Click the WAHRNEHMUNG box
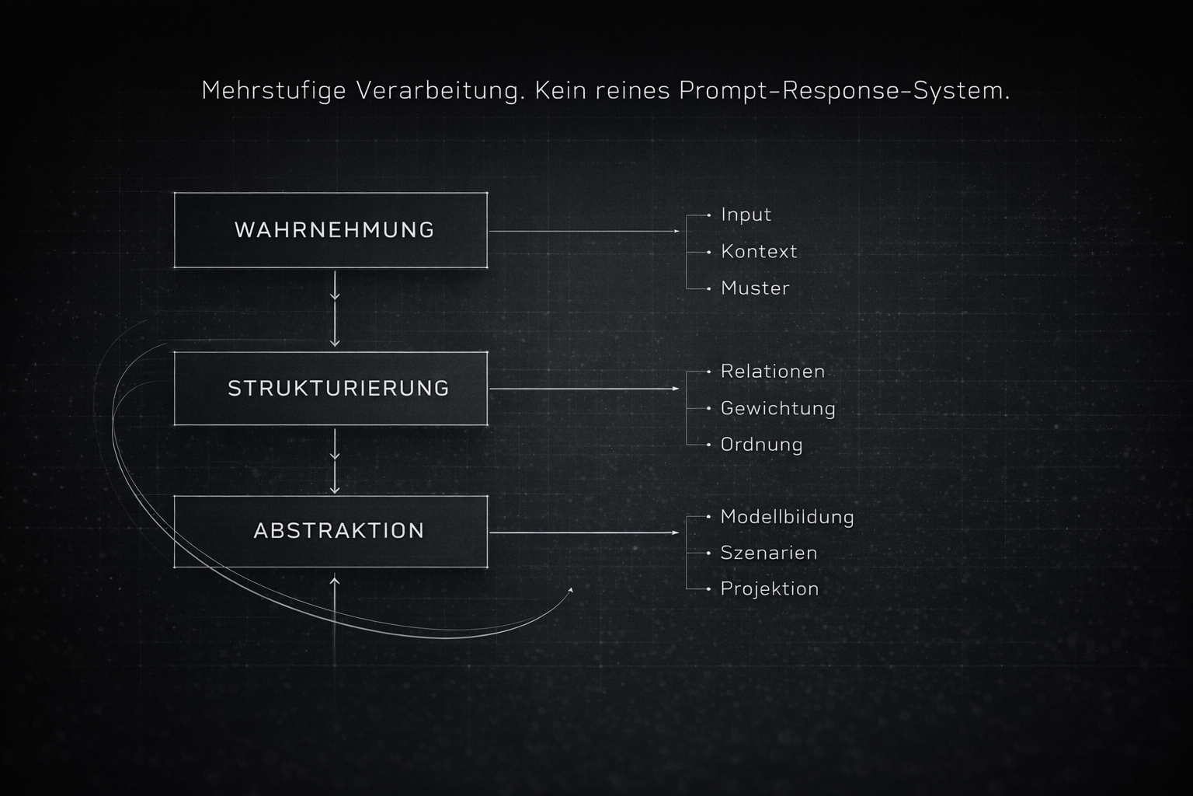[x=331, y=230]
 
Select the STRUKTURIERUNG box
[x=331, y=388]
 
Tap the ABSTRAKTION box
[x=331, y=531]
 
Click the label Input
[x=746, y=215]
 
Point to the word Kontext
[x=759, y=251]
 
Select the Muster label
[x=755, y=288]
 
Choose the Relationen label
[x=773, y=372]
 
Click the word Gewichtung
[x=777, y=408]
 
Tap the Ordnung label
[x=761, y=445]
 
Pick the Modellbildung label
[x=787, y=517]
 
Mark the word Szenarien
[x=768, y=553]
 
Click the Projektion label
[x=769, y=588]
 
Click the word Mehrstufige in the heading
[x=273, y=91]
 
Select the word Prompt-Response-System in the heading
[x=844, y=91]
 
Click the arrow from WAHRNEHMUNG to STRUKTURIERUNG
[x=335, y=309]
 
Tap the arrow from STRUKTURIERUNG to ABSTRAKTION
[x=335, y=460]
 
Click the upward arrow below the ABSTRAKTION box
[x=335, y=606]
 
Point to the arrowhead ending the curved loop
[x=571, y=590]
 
